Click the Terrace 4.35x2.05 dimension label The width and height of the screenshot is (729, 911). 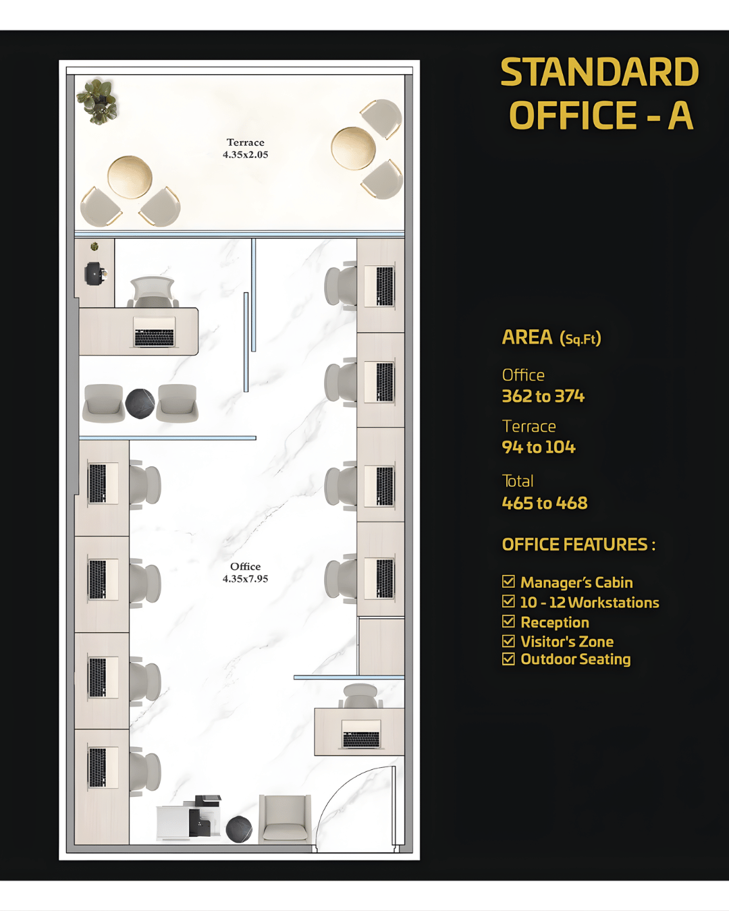[x=246, y=148]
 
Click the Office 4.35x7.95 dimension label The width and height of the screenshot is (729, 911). [x=246, y=573]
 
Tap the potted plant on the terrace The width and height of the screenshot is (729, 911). [x=99, y=101]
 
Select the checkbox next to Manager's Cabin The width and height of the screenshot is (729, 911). [x=509, y=582]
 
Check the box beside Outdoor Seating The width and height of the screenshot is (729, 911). [x=509, y=659]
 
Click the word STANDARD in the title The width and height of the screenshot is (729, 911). [x=599, y=72]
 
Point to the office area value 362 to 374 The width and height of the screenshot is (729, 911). [x=543, y=396]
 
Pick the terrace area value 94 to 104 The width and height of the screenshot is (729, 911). [x=539, y=447]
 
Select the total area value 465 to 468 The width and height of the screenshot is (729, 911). [x=545, y=503]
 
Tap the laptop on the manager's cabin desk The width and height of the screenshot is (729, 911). [x=154, y=333]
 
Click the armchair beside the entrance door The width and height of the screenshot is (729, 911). [x=285, y=818]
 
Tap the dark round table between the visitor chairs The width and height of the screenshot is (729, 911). [x=140, y=404]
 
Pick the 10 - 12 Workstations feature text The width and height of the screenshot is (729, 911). [x=589, y=603]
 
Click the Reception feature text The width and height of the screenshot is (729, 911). [x=555, y=622]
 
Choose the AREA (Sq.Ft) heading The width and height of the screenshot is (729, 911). [x=551, y=337]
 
